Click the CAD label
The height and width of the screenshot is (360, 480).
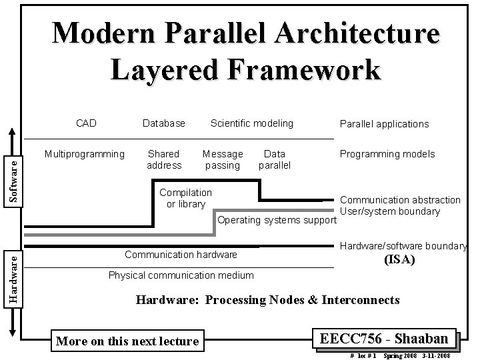point(86,123)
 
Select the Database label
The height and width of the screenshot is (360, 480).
point(164,123)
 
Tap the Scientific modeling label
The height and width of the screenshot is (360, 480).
point(251,123)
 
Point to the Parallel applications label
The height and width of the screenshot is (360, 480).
point(384,123)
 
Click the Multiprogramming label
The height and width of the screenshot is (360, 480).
point(84,154)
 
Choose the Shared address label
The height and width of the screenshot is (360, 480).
point(164,159)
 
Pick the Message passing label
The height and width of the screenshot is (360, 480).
point(223,159)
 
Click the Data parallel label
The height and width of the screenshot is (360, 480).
point(275,159)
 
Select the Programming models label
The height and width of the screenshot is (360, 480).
point(387,154)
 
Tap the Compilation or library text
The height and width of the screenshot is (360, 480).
point(186,198)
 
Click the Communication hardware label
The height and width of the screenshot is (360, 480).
point(181,254)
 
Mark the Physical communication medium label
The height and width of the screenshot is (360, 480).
point(181,275)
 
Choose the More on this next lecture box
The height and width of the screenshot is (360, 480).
point(128,341)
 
